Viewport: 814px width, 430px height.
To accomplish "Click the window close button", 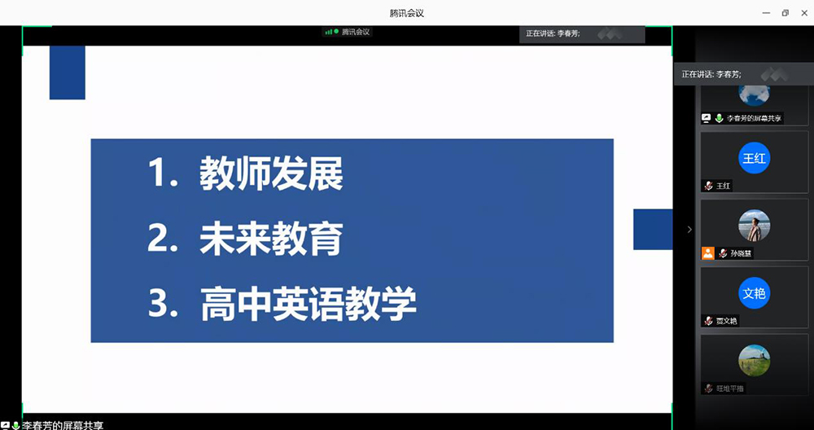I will (802, 12).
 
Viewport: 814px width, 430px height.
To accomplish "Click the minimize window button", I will (766, 12).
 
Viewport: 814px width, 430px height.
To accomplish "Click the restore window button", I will (785, 12).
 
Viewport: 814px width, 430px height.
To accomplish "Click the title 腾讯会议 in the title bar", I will (407, 13).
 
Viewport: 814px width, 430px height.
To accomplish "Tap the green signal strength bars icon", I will (329, 32).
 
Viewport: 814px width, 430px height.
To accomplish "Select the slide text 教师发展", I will (271, 173).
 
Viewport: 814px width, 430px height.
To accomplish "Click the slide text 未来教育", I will (271, 239).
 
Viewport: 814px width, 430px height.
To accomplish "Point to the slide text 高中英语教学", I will (308, 304).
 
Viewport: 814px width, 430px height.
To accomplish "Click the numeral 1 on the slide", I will (158, 173).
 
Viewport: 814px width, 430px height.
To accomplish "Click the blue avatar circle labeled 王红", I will (755, 157).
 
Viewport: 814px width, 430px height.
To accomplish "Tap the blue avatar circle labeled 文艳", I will (755, 293).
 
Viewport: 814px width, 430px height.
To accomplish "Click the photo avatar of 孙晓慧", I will (755, 226).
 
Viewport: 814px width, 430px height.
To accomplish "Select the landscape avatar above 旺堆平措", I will (755, 361).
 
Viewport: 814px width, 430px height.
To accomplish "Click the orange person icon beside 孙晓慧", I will (707, 253).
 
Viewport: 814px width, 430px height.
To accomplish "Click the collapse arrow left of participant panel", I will (689, 229).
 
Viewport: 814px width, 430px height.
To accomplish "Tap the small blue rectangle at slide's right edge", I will (653, 229).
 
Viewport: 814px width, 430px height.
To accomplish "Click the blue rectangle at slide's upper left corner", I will (68, 72).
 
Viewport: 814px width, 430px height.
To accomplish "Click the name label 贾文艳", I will (726, 321).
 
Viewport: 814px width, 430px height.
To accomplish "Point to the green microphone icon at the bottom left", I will (15, 425).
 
